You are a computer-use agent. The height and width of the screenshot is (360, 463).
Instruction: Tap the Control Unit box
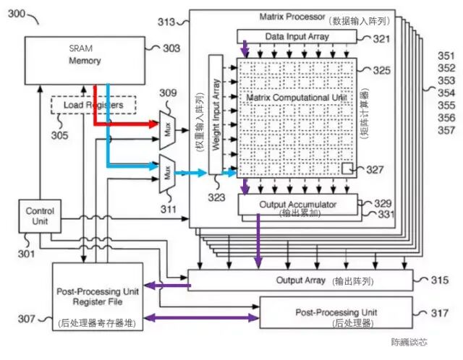point(40,216)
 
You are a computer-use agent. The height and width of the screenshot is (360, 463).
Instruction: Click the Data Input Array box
point(297,36)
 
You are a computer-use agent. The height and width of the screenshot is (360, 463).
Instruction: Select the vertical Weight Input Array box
point(216,114)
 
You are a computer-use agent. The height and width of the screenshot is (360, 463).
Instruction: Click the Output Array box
point(300,280)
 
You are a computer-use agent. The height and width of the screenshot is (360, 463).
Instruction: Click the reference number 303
point(171,48)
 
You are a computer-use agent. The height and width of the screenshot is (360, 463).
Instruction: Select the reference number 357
point(446,130)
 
